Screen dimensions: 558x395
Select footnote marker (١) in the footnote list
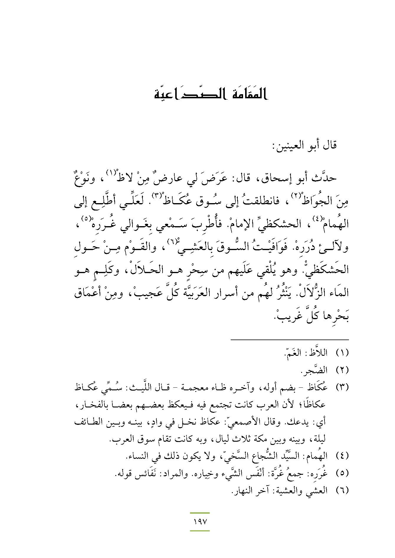tap(342, 353)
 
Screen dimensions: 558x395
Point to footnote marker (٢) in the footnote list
tap(342, 369)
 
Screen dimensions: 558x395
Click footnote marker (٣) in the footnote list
tap(342, 387)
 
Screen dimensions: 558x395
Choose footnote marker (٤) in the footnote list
tap(342, 457)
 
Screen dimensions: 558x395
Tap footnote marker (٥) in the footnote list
tap(342, 473)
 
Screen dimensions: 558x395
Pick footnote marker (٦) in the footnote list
tap(342, 491)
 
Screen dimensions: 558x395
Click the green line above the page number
tap(200, 513)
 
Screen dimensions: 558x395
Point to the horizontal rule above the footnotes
tap(289, 340)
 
